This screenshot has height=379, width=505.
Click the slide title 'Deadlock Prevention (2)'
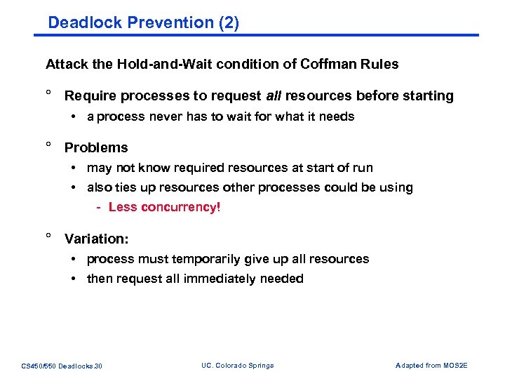tap(143, 22)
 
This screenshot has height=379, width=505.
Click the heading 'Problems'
tap(96, 147)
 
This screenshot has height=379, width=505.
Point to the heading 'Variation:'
tap(97, 239)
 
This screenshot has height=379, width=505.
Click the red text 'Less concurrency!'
tap(164, 207)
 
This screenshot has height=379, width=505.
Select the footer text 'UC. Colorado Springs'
tap(237, 366)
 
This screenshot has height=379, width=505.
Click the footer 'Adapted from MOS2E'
tap(431, 366)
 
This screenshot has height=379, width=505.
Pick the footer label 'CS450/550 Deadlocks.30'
tap(62, 366)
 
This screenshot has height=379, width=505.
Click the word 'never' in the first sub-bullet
tap(166, 117)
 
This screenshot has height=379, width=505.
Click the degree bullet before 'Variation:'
tap(49, 237)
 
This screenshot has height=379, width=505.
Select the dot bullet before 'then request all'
tap(74, 279)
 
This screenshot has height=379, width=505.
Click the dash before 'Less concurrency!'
tap(100, 207)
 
